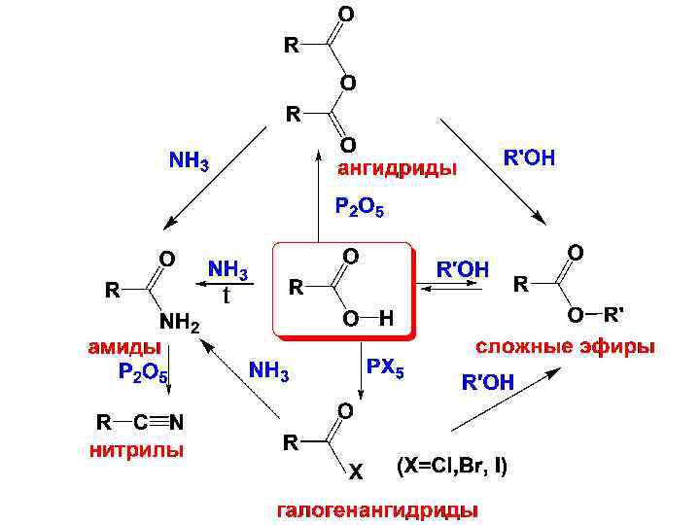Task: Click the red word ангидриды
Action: click(397, 169)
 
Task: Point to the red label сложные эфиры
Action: click(564, 346)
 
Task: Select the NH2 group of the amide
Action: click(179, 325)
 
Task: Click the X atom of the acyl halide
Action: click(355, 473)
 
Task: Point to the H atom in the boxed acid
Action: click(386, 319)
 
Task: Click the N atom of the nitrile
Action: click(177, 423)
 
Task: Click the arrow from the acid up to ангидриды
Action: click(318, 194)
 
